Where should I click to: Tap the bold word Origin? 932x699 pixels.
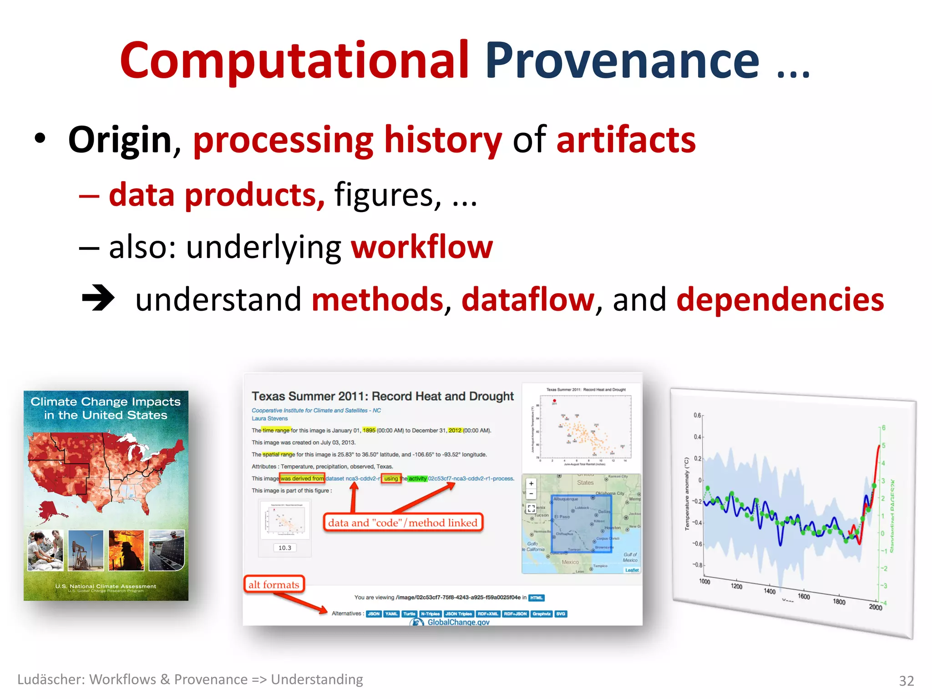point(120,140)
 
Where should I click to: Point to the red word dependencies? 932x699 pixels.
point(780,300)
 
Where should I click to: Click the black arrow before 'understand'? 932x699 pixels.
point(98,298)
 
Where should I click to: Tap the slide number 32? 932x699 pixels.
point(906,680)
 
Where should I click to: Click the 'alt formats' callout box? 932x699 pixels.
point(274,584)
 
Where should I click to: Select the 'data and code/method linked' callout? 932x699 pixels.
point(403,522)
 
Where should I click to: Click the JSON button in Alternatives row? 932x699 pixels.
point(374,614)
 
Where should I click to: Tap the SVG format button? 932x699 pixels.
point(561,614)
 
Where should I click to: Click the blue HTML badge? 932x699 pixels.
point(537,598)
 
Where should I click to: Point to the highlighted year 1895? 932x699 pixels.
point(369,431)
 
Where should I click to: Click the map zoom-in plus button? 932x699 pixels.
point(531,484)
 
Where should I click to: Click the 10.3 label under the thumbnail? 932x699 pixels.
point(285,548)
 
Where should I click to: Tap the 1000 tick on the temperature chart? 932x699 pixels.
point(704,582)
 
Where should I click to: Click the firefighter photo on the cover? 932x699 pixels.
point(126,550)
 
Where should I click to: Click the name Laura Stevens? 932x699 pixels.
point(270,419)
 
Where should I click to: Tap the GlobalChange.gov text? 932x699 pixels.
point(458,622)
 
